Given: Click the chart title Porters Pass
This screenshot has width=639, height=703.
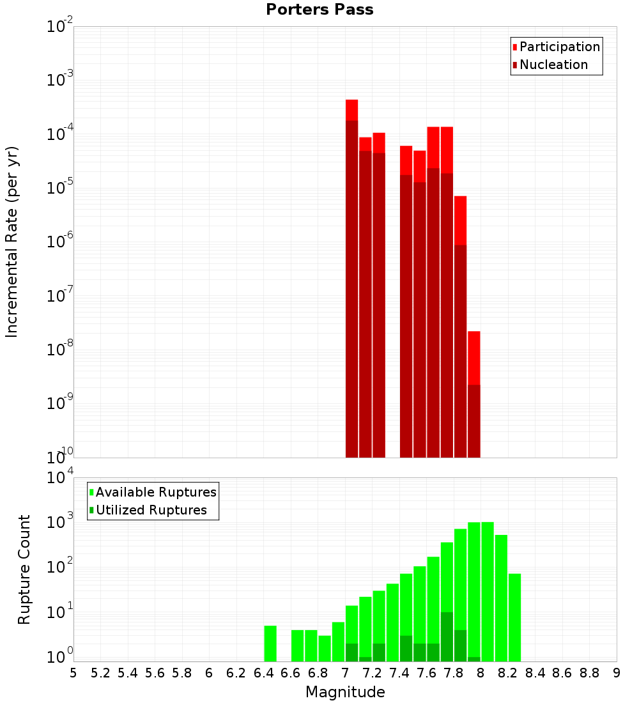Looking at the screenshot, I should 319,10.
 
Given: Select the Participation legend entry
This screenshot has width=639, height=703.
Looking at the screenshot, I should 559,47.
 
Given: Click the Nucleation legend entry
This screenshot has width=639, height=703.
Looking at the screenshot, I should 553,65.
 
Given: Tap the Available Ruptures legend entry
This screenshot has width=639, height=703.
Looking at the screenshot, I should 155,492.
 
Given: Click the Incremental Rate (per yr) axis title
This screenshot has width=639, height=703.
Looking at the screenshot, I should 12,242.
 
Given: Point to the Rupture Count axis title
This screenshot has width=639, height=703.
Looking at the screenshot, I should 24,569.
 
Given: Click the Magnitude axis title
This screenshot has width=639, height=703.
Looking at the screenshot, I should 345,692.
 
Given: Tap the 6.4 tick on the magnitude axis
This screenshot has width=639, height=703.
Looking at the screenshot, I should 263,673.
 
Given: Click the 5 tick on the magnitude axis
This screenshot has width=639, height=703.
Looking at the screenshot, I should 73,673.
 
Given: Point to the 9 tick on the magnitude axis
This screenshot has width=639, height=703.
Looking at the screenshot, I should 617,673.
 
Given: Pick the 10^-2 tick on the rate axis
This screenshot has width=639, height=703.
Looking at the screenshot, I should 60,27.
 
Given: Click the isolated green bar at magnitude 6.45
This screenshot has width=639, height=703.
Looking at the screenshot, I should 270,644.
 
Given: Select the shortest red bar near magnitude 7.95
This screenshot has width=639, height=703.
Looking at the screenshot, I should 473,358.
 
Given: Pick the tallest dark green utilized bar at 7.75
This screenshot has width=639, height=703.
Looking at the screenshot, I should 447,637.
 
